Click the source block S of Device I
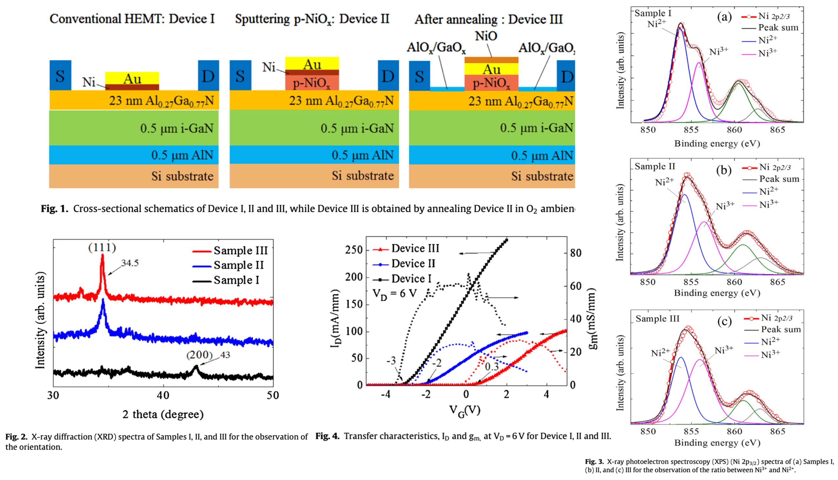[x=60, y=76]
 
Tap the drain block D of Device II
[x=388, y=76]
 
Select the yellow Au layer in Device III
[x=491, y=69]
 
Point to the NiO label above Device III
[x=486, y=36]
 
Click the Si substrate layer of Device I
[x=134, y=176]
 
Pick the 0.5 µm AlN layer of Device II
[x=314, y=155]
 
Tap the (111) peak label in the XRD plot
[x=102, y=248]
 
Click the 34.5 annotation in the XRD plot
[x=130, y=263]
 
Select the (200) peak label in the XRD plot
[x=199, y=355]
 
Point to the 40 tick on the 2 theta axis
[x=163, y=395]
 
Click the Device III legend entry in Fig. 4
[x=415, y=249]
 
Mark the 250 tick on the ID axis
[x=354, y=250]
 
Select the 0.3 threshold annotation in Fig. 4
[x=492, y=366]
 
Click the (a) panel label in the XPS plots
[x=724, y=16]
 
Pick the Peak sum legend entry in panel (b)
[x=779, y=179]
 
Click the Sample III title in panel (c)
[x=657, y=319]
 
